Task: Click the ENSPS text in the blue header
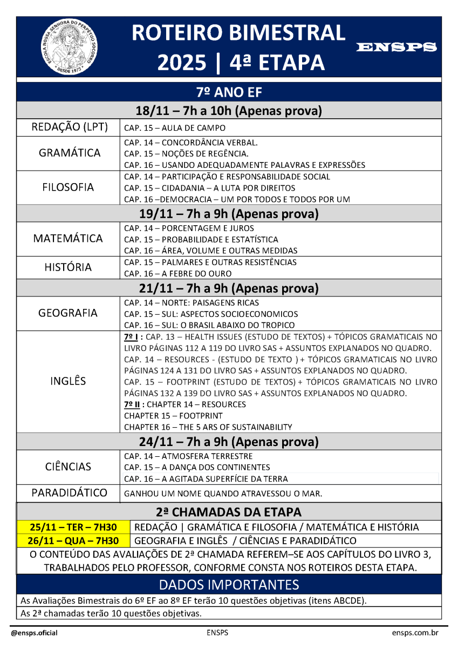[x=397, y=48]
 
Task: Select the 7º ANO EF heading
[x=229, y=92]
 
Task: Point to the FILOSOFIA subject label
[x=68, y=187]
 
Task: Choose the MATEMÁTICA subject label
[x=68, y=238]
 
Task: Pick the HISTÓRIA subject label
[x=68, y=267]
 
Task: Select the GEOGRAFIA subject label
[x=68, y=313]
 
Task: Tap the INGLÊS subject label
[x=68, y=381]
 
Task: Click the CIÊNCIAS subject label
[x=68, y=467]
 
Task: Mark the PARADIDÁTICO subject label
[x=69, y=493]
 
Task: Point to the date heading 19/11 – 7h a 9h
[x=229, y=213]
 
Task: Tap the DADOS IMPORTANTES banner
[x=229, y=585]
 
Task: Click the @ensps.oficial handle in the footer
[x=34, y=633]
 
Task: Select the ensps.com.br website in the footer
[x=415, y=633]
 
